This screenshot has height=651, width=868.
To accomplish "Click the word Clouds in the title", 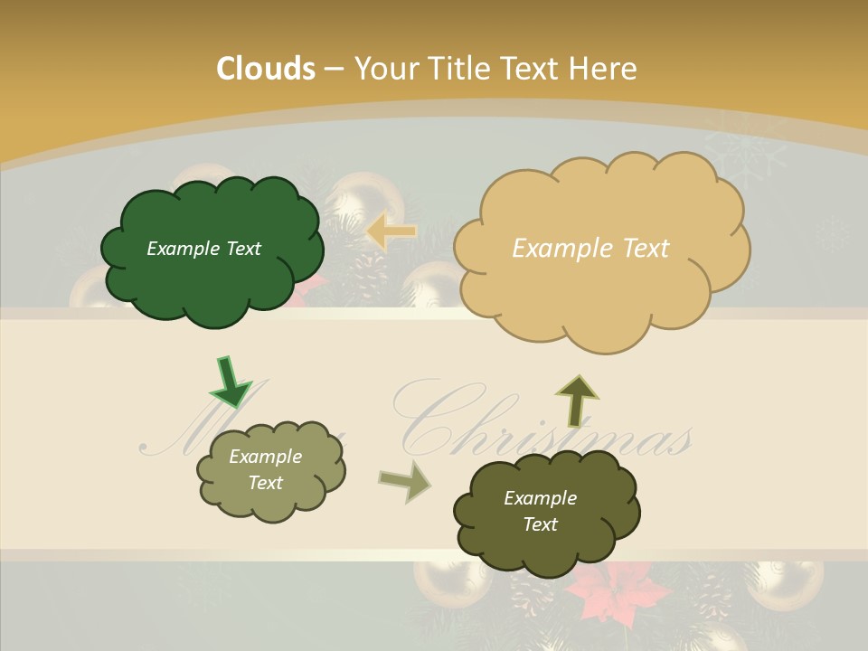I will pyautogui.click(x=266, y=69).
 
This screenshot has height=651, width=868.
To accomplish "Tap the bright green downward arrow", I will pyautogui.click(x=230, y=381).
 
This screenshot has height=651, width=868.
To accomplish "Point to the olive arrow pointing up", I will pyautogui.click(x=577, y=399).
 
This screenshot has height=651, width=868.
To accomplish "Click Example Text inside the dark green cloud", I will pyautogui.click(x=203, y=249).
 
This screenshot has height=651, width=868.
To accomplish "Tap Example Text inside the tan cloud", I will pyautogui.click(x=590, y=249).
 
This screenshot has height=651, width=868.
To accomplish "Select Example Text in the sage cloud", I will pyautogui.click(x=265, y=469).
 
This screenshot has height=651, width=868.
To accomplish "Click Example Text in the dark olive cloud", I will pyautogui.click(x=540, y=511).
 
